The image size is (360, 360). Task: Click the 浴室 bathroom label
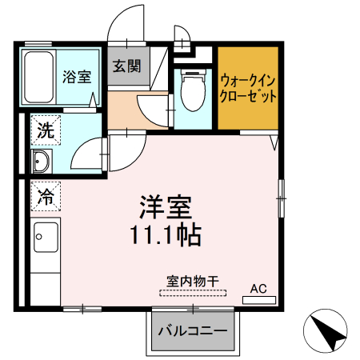[x=78, y=78]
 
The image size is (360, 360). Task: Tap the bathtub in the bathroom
[x=38, y=77]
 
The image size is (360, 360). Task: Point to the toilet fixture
[x=192, y=90]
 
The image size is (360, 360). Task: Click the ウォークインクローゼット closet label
[x=248, y=87]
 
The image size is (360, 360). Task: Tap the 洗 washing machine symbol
[x=44, y=130]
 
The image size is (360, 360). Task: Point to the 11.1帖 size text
[x=166, y=235]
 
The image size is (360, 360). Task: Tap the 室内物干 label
[x=192, y=282]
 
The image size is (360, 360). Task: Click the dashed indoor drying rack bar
[x=192, y=293]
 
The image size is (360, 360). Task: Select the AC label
[x=258, y=288]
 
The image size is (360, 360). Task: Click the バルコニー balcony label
[x=191, y=331]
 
